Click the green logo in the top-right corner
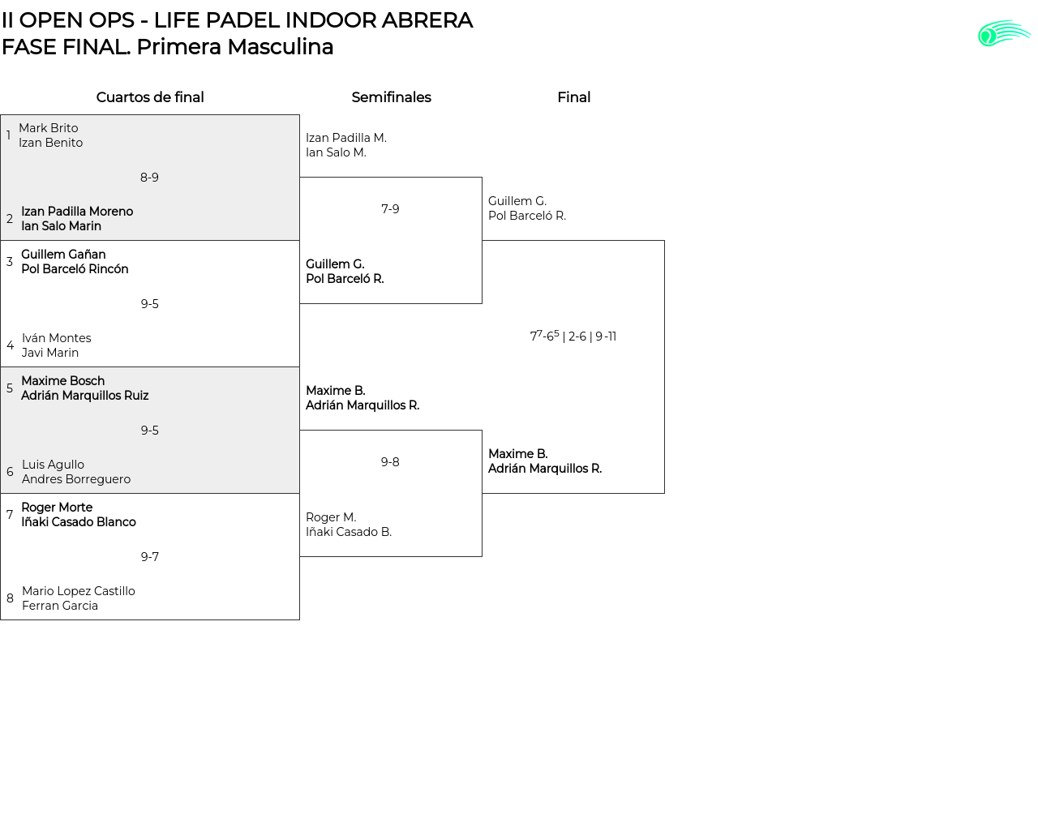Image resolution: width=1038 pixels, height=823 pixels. tap(1004, 33)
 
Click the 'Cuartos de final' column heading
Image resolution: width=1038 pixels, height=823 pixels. tap(150, 97)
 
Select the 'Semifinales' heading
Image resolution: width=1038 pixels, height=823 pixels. tap(391, 97)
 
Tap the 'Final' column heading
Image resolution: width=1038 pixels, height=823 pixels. tap(573, 97)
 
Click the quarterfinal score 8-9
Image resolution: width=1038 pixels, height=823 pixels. tap(149, 178)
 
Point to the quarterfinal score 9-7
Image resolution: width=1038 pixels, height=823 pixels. tap(149, 557)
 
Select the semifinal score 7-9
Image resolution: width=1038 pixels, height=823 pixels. tap(390, 209)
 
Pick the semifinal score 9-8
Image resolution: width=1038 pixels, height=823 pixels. tap(390, 462)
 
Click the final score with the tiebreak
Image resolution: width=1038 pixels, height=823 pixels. tap(573, 336)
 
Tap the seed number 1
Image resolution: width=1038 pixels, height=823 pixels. tap(8, 135)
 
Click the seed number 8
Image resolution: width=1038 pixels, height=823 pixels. tap(10, 598)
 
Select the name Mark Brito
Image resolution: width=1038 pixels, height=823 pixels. tap(49, 128)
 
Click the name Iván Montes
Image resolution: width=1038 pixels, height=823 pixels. tap(57, 338)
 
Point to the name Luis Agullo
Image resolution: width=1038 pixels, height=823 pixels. tap(53, 465)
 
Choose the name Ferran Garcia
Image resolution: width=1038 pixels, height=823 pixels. tap(60, 606)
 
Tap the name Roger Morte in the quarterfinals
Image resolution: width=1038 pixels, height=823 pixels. tap(57, 508)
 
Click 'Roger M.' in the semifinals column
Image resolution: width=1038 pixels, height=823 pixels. tap(331, 517)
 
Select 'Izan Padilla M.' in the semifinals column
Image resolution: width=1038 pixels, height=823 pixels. tap(346, 138)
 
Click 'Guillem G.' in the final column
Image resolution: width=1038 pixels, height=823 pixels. tap(517, 201)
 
